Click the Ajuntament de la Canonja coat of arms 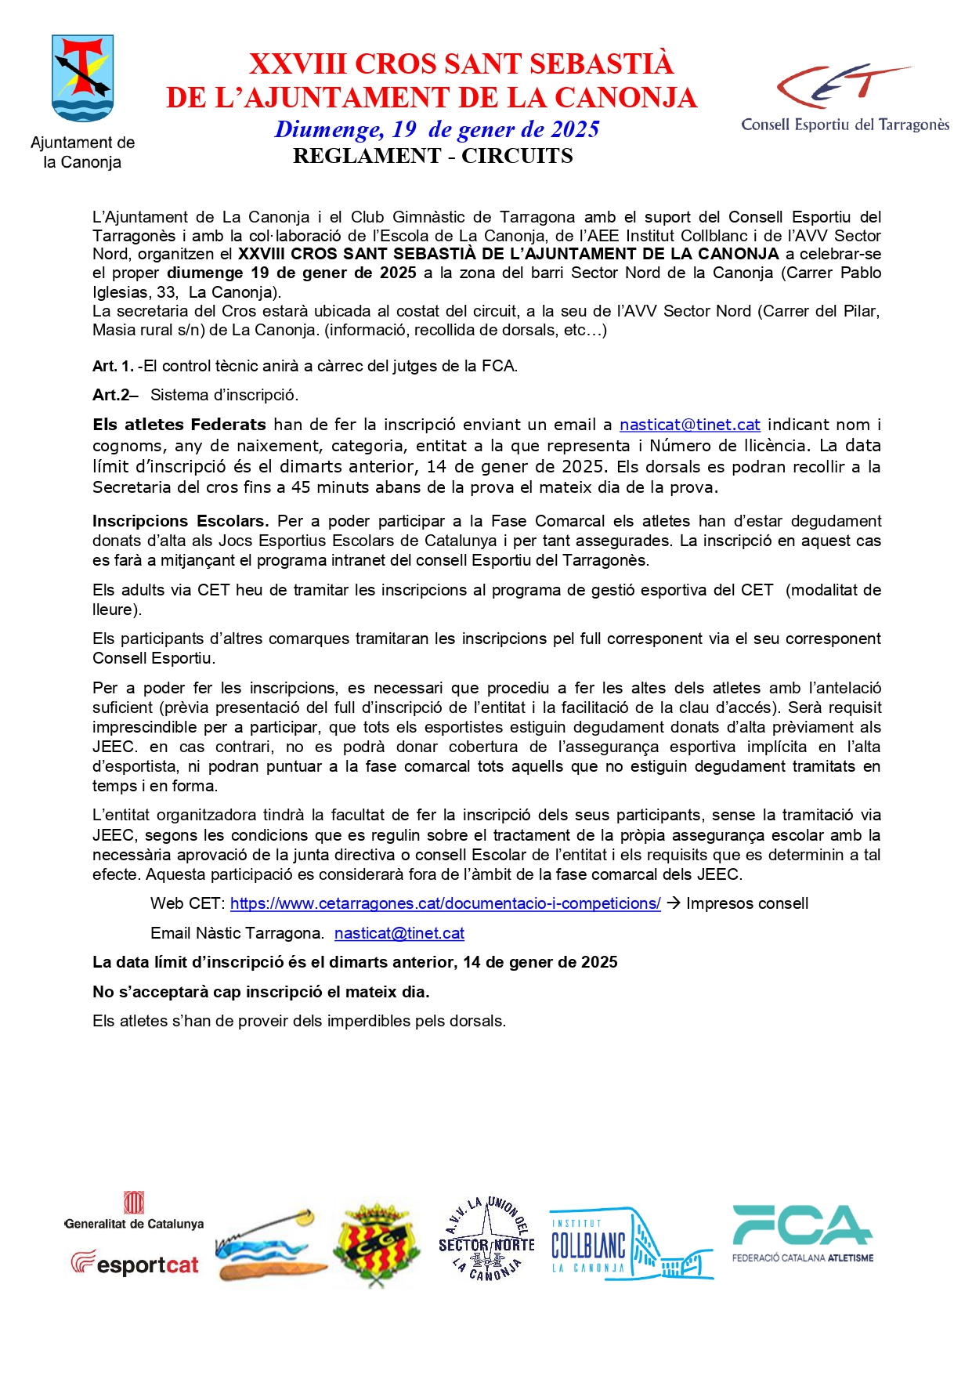[x=82, y=78]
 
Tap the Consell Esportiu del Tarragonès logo [x=845, y=97]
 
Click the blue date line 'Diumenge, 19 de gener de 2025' [x=437, y=129]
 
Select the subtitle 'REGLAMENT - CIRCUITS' [x=432, y=156]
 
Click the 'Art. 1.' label [x=113, y=366]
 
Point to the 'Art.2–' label [x=115, y=395]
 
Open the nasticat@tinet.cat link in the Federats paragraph [x=689, y=425]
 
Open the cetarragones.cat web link [x=445, y=903]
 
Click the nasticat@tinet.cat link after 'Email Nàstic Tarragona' [x=399, y=933]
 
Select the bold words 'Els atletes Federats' [x=179, y=425]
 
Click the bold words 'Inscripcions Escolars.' [x=180, y=521]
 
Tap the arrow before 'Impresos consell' [x=673, y=903]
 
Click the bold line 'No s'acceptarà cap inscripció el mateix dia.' [x=261, y=992]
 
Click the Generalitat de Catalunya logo [x=134, y=1211]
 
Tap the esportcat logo [x=135, y=1264]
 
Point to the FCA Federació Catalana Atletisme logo [x=803, y=1234]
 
